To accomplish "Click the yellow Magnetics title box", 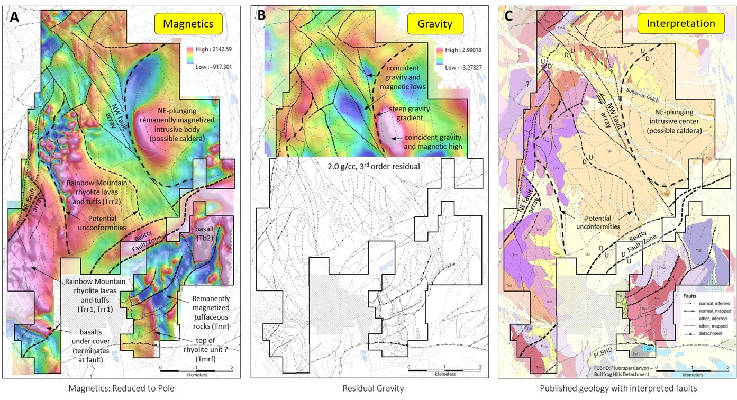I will pos(188,24).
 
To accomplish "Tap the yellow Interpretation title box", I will pos(680,24).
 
